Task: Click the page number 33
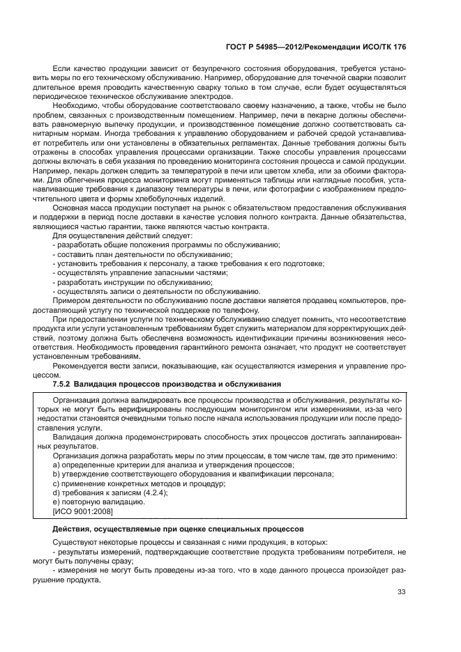pyautogui.click(x=401, y=592)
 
